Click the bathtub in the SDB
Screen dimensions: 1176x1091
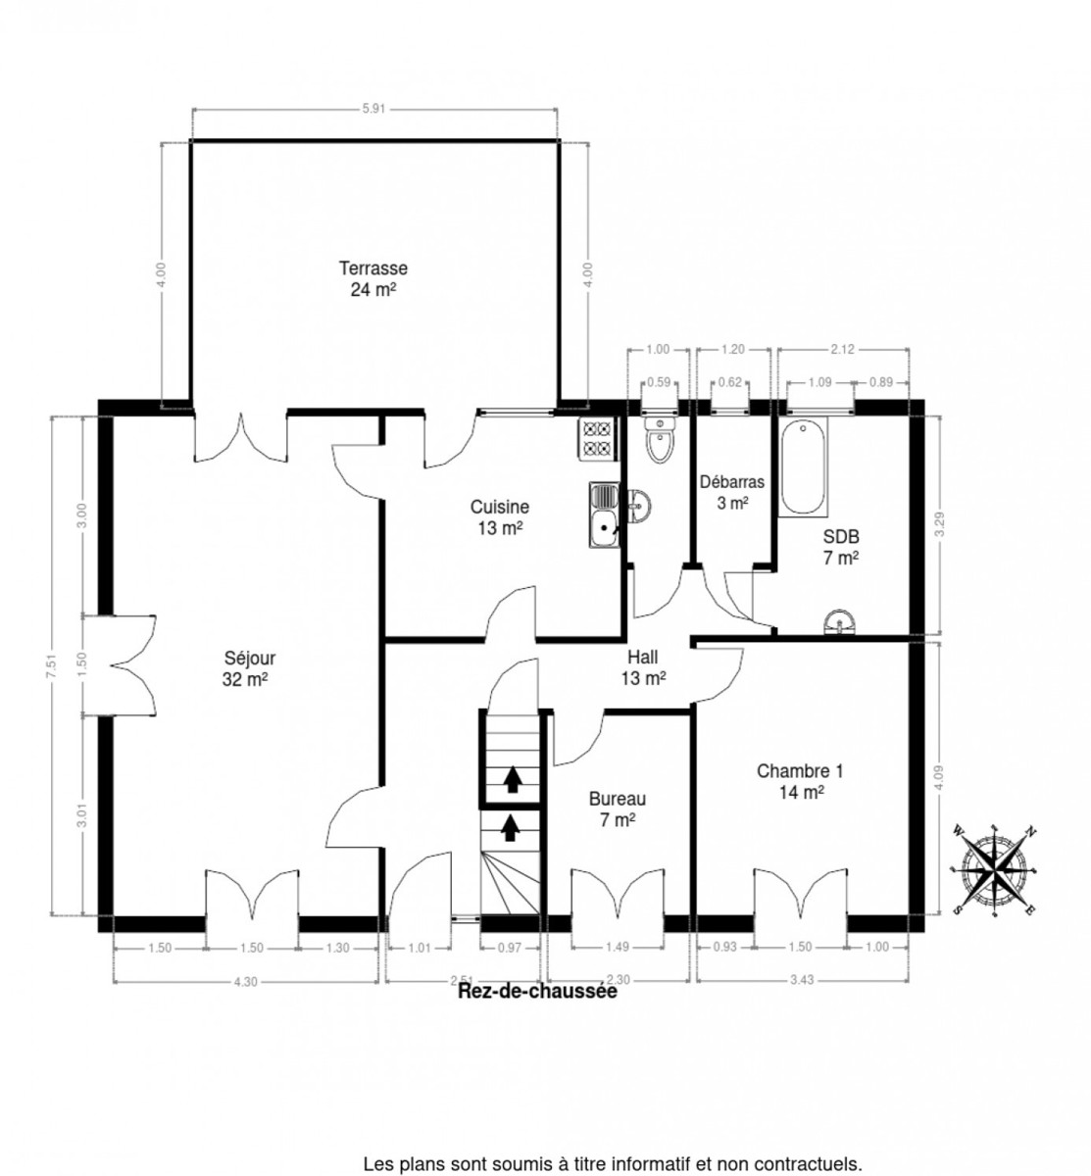tap(807, 466)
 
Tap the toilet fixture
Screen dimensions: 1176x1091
tap(662, 441)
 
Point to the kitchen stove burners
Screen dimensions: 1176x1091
tap(597, 438)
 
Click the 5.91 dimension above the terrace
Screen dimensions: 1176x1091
tap(373, 110)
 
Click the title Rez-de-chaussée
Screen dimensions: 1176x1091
tap(537, 992)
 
